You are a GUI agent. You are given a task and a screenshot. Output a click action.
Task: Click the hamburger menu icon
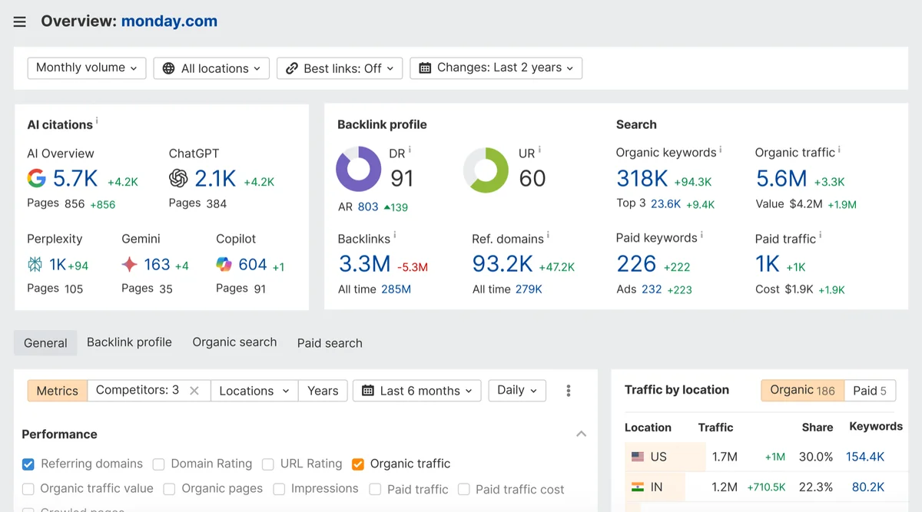(20, 22)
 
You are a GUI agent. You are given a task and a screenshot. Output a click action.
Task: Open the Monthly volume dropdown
(86, 68)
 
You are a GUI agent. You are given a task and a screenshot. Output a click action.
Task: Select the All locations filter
(211, 68)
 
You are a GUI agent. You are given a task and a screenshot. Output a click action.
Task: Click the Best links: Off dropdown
(339, 68)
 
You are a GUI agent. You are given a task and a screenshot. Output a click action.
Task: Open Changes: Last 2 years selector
(496, 68)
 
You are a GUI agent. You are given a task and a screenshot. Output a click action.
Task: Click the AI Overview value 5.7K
(75, 179)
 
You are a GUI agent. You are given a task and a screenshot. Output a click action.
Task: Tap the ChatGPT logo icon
(178, 179)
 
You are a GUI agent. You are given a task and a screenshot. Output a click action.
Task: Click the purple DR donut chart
(359, 169)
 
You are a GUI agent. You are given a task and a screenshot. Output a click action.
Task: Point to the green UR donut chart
(486, 170)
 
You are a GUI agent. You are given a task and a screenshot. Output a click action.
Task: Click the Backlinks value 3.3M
(364, 264)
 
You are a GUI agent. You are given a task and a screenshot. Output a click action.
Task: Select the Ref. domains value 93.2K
(502, 264)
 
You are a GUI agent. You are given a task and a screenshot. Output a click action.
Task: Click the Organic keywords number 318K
(642, 179)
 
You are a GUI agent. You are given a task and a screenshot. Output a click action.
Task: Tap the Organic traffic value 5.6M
(781, 179)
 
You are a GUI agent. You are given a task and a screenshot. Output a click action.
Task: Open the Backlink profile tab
(129, 342)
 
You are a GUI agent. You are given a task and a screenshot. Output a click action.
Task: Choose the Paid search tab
(330, 343)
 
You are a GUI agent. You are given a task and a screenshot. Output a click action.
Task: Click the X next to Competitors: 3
(194, 391)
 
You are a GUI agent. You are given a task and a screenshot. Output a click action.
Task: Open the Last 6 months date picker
(417, 391)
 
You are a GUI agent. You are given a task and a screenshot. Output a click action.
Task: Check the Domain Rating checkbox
(159, 464)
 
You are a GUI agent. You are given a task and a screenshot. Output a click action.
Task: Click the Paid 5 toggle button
(869, 391)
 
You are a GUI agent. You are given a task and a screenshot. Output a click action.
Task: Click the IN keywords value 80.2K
(868, 487)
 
